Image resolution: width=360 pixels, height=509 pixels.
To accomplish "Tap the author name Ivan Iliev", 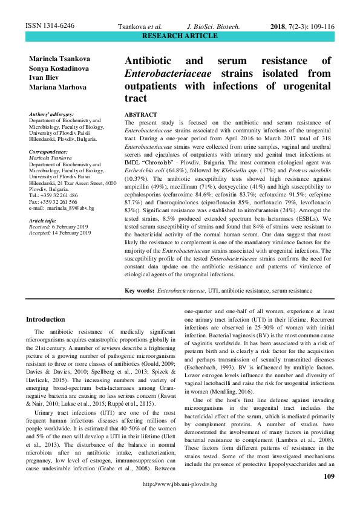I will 44,77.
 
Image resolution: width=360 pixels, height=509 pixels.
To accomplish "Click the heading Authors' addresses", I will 51,114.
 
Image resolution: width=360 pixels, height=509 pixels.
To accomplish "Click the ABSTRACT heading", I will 140,115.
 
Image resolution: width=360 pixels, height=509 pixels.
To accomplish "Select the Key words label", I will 139,291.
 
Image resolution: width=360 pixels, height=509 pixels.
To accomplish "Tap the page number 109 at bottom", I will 329,477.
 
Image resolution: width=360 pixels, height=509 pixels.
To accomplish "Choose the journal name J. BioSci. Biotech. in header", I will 214,27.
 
